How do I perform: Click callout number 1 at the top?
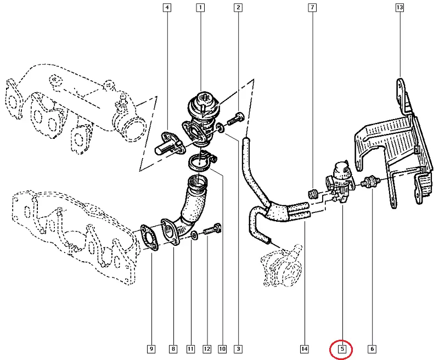coord(200,8)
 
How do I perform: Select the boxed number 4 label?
coord(167,8)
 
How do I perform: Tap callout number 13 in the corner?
coord(399,8)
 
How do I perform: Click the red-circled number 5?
coord(342,349)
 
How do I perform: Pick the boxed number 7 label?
coord(312,8)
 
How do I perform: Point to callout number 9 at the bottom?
coord(151,349)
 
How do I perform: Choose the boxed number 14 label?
coord(305,349)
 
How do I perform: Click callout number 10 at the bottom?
coord(222,349)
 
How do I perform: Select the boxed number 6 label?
coord(372,349)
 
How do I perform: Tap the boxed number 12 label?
coord(207,349)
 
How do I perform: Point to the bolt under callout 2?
coord(235,119)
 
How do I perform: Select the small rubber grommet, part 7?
coord(312,193)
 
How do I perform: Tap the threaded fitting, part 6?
coord(370,182)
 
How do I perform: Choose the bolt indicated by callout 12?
coord(212,229)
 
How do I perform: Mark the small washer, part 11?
coord(194,235)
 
